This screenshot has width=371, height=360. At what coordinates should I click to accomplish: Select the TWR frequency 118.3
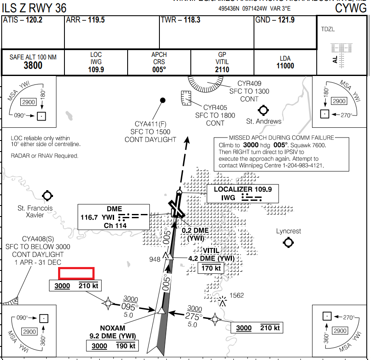click(x=192, y=20)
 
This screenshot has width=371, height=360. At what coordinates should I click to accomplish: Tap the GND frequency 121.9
click(x=286, y=20)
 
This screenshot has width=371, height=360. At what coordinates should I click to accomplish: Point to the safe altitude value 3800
click(x=33, y=65)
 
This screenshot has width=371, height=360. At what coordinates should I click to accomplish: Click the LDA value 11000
click(x=285, y=66)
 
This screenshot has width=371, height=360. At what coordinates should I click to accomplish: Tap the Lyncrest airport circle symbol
click(x=288, y=242)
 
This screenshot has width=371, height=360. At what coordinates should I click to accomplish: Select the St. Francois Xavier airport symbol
click(x=47, y=196)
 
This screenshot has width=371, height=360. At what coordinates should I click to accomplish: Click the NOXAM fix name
click(x=113, y=328)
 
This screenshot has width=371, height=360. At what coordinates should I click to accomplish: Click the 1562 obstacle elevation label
click(x=237, y=295)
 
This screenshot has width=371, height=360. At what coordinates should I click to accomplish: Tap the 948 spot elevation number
click(x=155, y=259)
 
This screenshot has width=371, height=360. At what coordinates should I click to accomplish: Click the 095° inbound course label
click(x=130, y=307)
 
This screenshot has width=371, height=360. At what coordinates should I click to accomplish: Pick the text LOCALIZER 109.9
click(x=243, y=189)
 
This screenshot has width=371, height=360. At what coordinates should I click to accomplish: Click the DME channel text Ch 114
click(x=115, y=225)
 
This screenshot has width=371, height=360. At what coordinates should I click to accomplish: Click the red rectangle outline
click(x=76, y=273)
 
